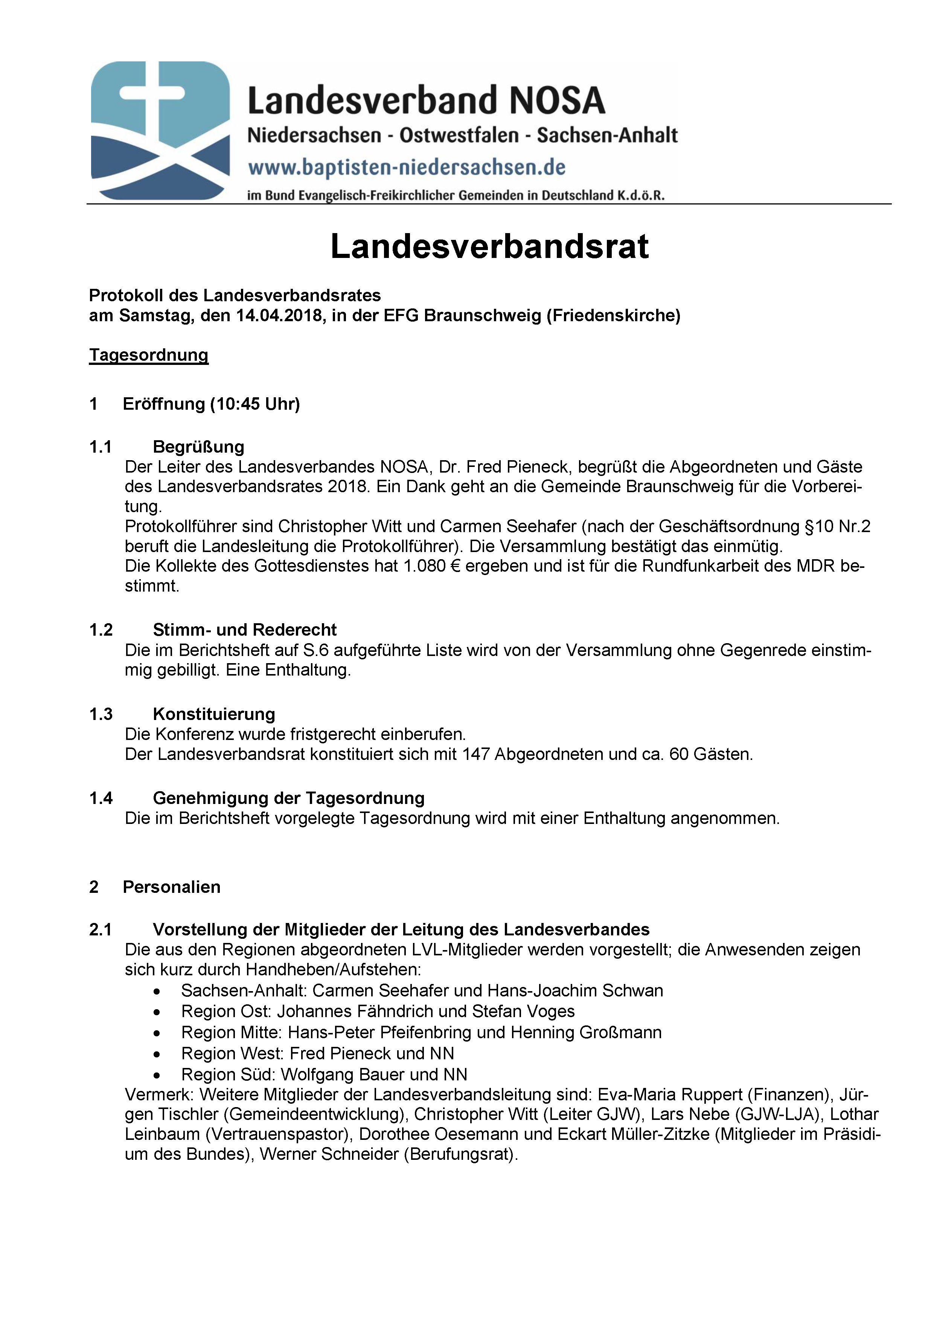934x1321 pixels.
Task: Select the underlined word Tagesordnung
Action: [148, 355]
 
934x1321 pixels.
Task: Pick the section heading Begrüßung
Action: [198, 447]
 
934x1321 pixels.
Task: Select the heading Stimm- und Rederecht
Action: [244, 629]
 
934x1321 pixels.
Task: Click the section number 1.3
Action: [101, 714]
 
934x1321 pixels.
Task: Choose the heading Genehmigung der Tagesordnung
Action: [288, 798]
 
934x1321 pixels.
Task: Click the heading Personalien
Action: [171, 886]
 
